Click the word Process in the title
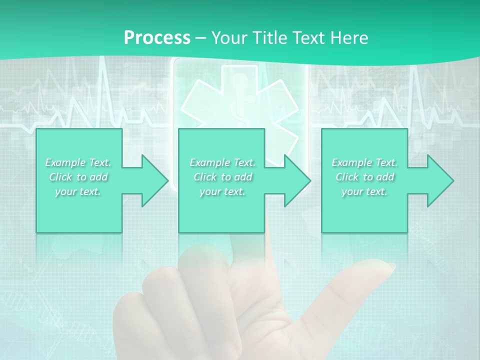click(x=157, y=37)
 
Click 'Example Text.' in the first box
click(x=78, y=162)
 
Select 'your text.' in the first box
click(x=78, y=191)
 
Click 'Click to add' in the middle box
click(x=222, y=177)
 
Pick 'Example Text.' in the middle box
click(x=222, y=162)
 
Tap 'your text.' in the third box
click(x=364, y=191)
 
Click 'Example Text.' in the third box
click(x=364, y=162)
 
